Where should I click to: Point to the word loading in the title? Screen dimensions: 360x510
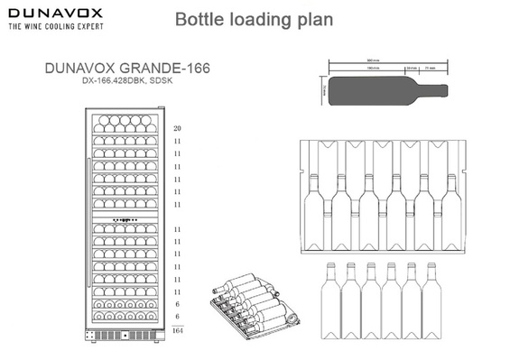point(258,19)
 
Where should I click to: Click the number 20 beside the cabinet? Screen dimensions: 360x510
point(177,129)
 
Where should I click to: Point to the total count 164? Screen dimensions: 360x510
point(177,332)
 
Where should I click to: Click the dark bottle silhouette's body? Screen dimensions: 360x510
point(370,91)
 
